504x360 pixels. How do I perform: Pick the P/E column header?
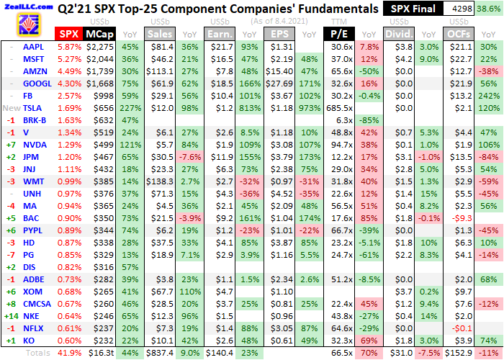click(x=336, y=33)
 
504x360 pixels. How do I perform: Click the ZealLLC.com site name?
click(x=27, y=6)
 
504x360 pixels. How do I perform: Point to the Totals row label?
click(x=37, y=353)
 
